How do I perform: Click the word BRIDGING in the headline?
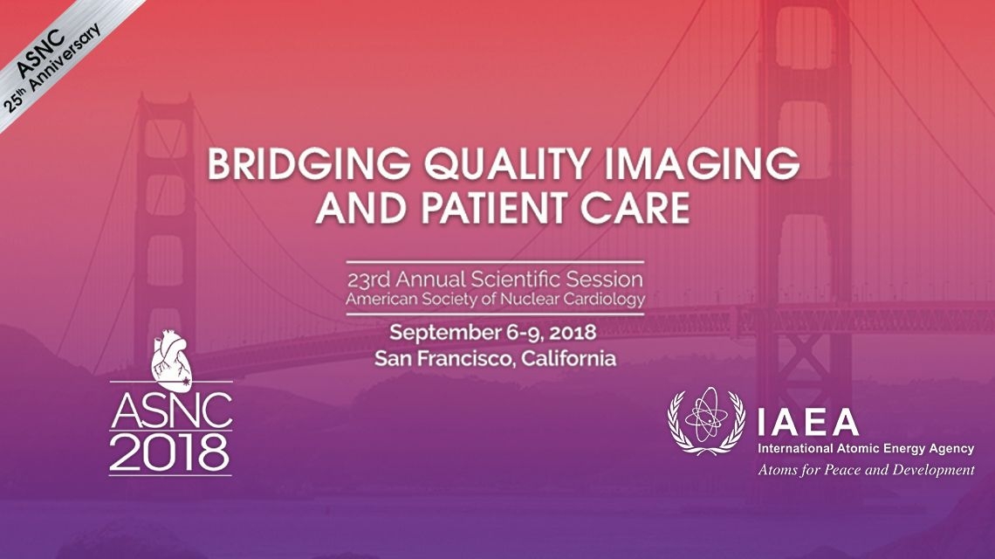tap(308, 163)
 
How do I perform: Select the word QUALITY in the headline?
tap(508, 164)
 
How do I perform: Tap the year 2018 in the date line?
tap(573, 332)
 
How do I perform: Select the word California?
tap(568, 358)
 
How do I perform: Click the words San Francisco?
tap(445, 358)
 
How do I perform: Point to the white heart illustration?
tap(171, 360)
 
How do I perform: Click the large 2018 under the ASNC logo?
tap(171, 452)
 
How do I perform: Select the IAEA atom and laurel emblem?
tap(706, 420)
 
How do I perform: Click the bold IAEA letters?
tap(808, 423)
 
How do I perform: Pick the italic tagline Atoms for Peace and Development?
tap(866, 471)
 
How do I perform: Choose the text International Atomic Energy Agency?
tap(866, 449)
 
